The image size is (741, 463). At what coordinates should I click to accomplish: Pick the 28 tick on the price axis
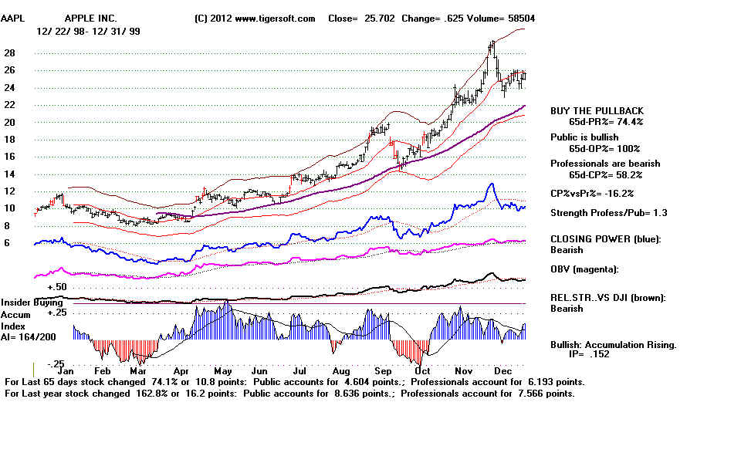pyautogui.click(x=11, y=53)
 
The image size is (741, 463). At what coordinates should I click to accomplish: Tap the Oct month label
pyautogui.click(x=421, y=370)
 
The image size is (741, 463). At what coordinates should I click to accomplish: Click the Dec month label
pyautogui.click(x=504, y=370)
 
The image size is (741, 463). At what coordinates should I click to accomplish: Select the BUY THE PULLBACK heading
pyautogui.click(x=597, y=111)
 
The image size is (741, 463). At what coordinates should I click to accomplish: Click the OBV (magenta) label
pyautogui.click(x=585, y=269)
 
